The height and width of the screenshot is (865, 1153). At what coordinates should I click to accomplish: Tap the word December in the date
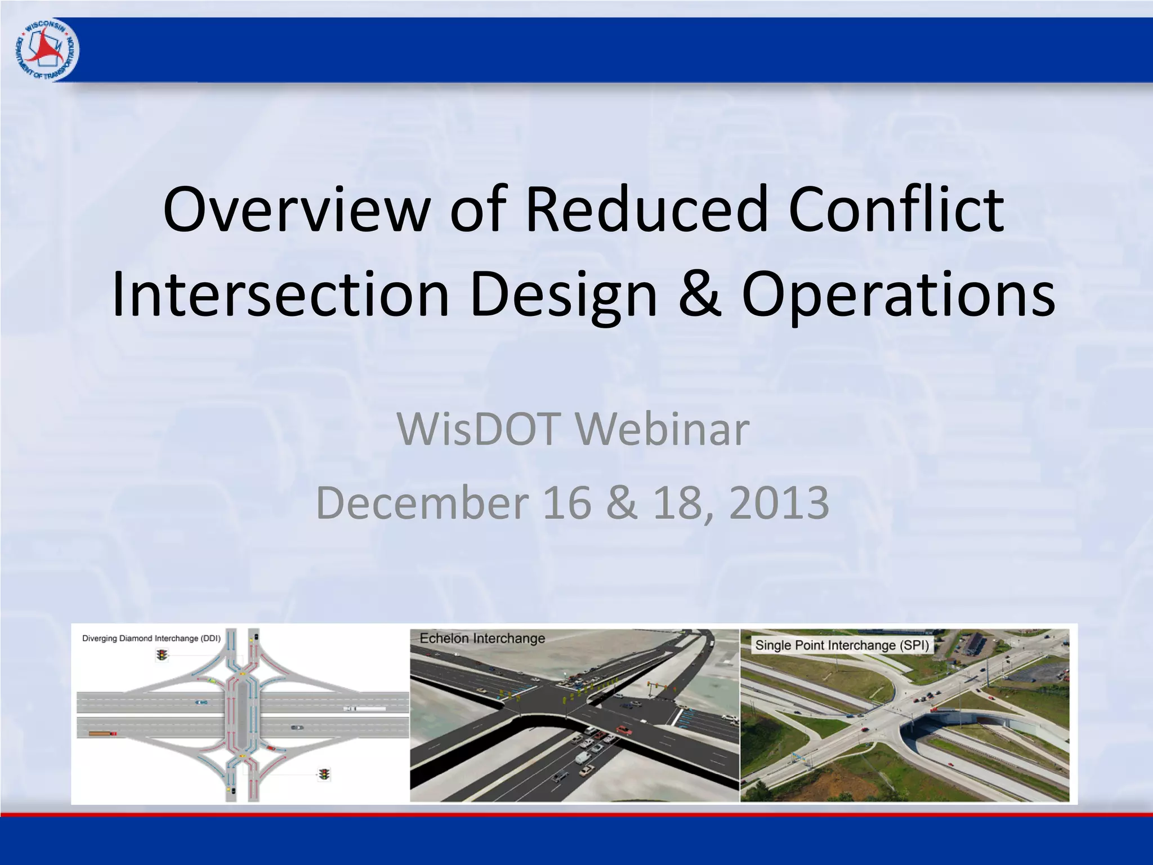[x=422, y=502]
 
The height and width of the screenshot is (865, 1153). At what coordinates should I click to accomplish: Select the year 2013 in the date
[x=779, y=502]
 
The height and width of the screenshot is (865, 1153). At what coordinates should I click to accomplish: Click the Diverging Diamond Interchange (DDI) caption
[x=151, y=639]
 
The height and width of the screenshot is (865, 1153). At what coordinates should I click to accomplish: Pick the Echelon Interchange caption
[x=482, y=639]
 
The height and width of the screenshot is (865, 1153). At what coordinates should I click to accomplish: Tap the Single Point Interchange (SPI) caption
[x=842, y=645]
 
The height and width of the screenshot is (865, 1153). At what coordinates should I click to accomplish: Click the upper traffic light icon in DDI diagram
[x=162, y=655]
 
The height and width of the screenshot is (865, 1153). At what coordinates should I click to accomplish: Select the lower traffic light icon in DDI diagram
[x=324, y=774]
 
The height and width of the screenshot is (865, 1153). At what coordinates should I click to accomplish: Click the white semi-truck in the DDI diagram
[x=364, y=708]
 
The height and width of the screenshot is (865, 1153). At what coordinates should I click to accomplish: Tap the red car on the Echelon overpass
[x=623, y=730]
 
